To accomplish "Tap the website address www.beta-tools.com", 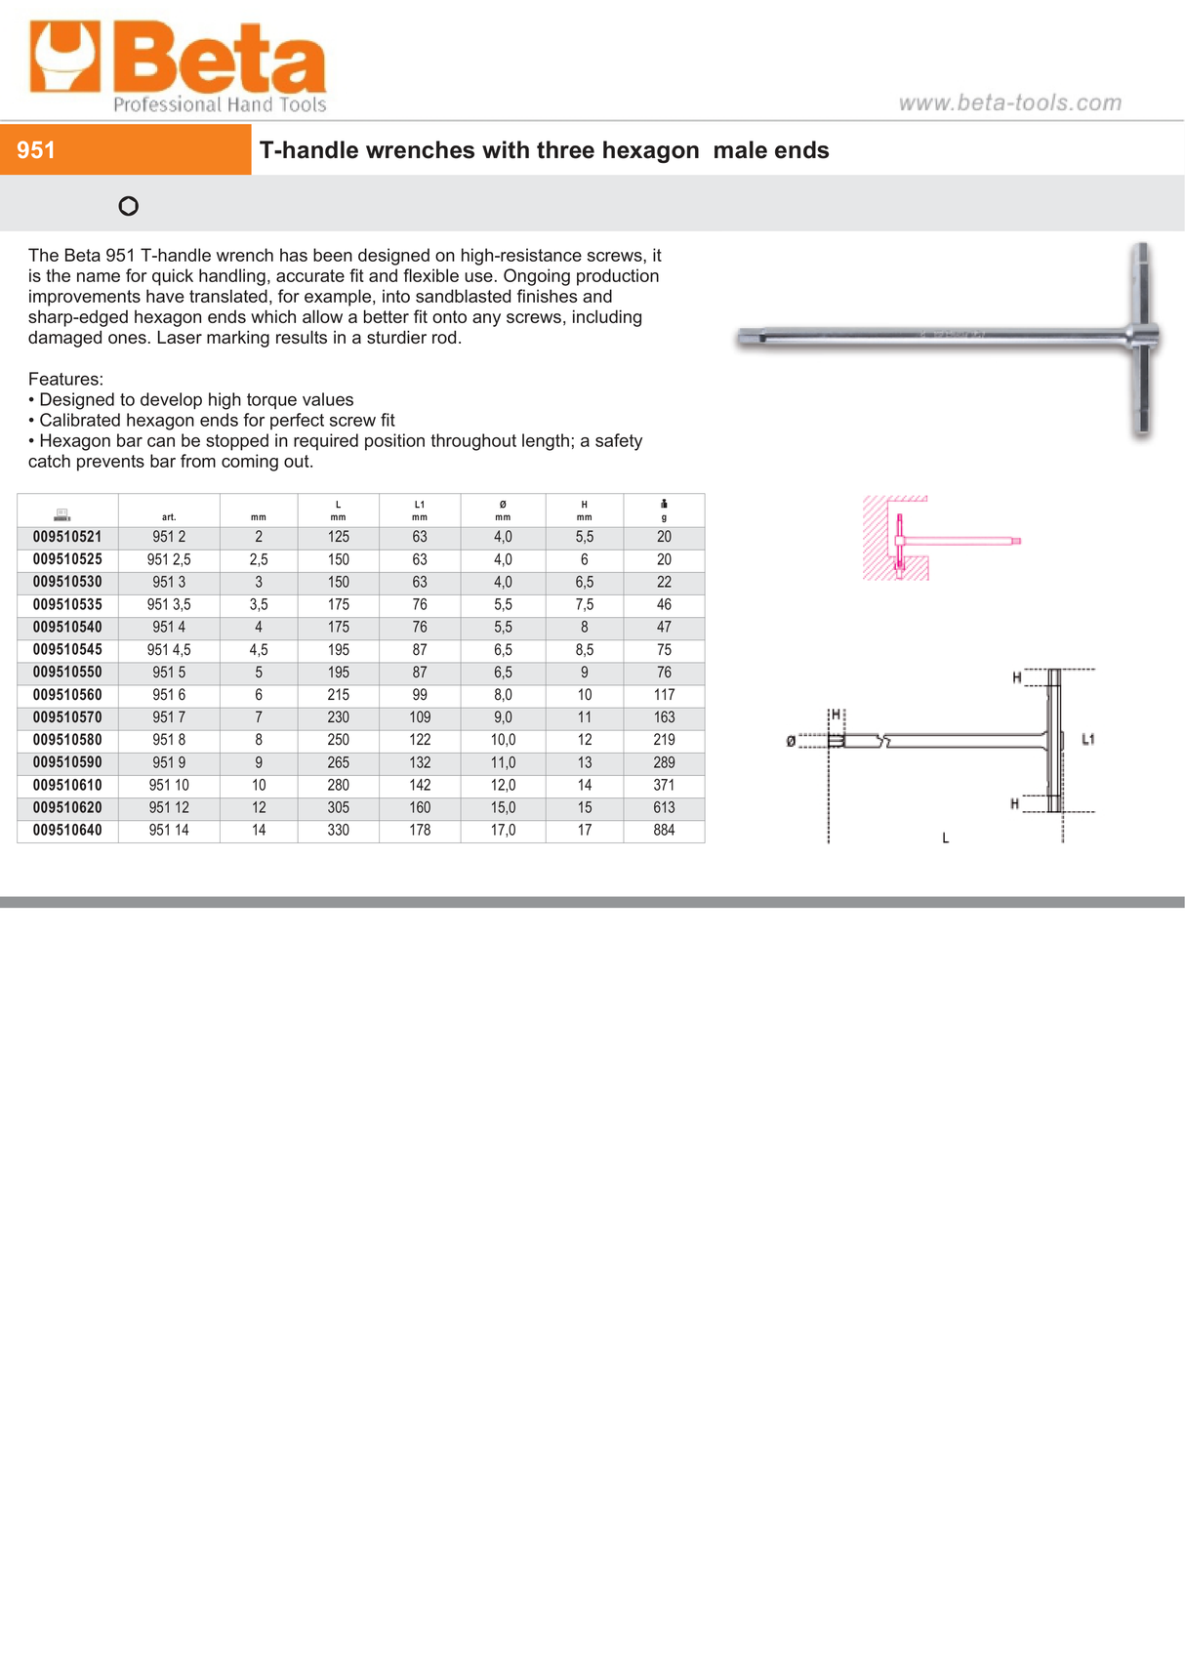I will coord(1009,102).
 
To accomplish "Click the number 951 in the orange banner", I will coord(36,150).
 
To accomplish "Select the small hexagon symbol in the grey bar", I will coord(128,206).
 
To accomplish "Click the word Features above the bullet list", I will coord(65,379).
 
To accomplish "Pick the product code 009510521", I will coord(67,537).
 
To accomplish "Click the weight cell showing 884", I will coord(664,831).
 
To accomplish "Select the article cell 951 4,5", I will coord(169,650).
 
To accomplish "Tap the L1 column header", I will coord(420,506).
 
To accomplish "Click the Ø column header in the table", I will coord(503,506).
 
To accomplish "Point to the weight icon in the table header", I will coord(664,504).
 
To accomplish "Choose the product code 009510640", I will coord(67,831).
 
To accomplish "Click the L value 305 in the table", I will coord(338,808).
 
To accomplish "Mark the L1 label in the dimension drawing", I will coord(1088,739).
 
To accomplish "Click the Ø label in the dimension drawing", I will coord(791,742).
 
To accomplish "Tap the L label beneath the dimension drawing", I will coord(945,838).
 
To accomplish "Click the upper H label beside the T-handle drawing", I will coord(1016,677).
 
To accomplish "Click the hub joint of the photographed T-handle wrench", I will coord(1141,335).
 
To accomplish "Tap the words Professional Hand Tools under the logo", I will coord(220,104).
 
